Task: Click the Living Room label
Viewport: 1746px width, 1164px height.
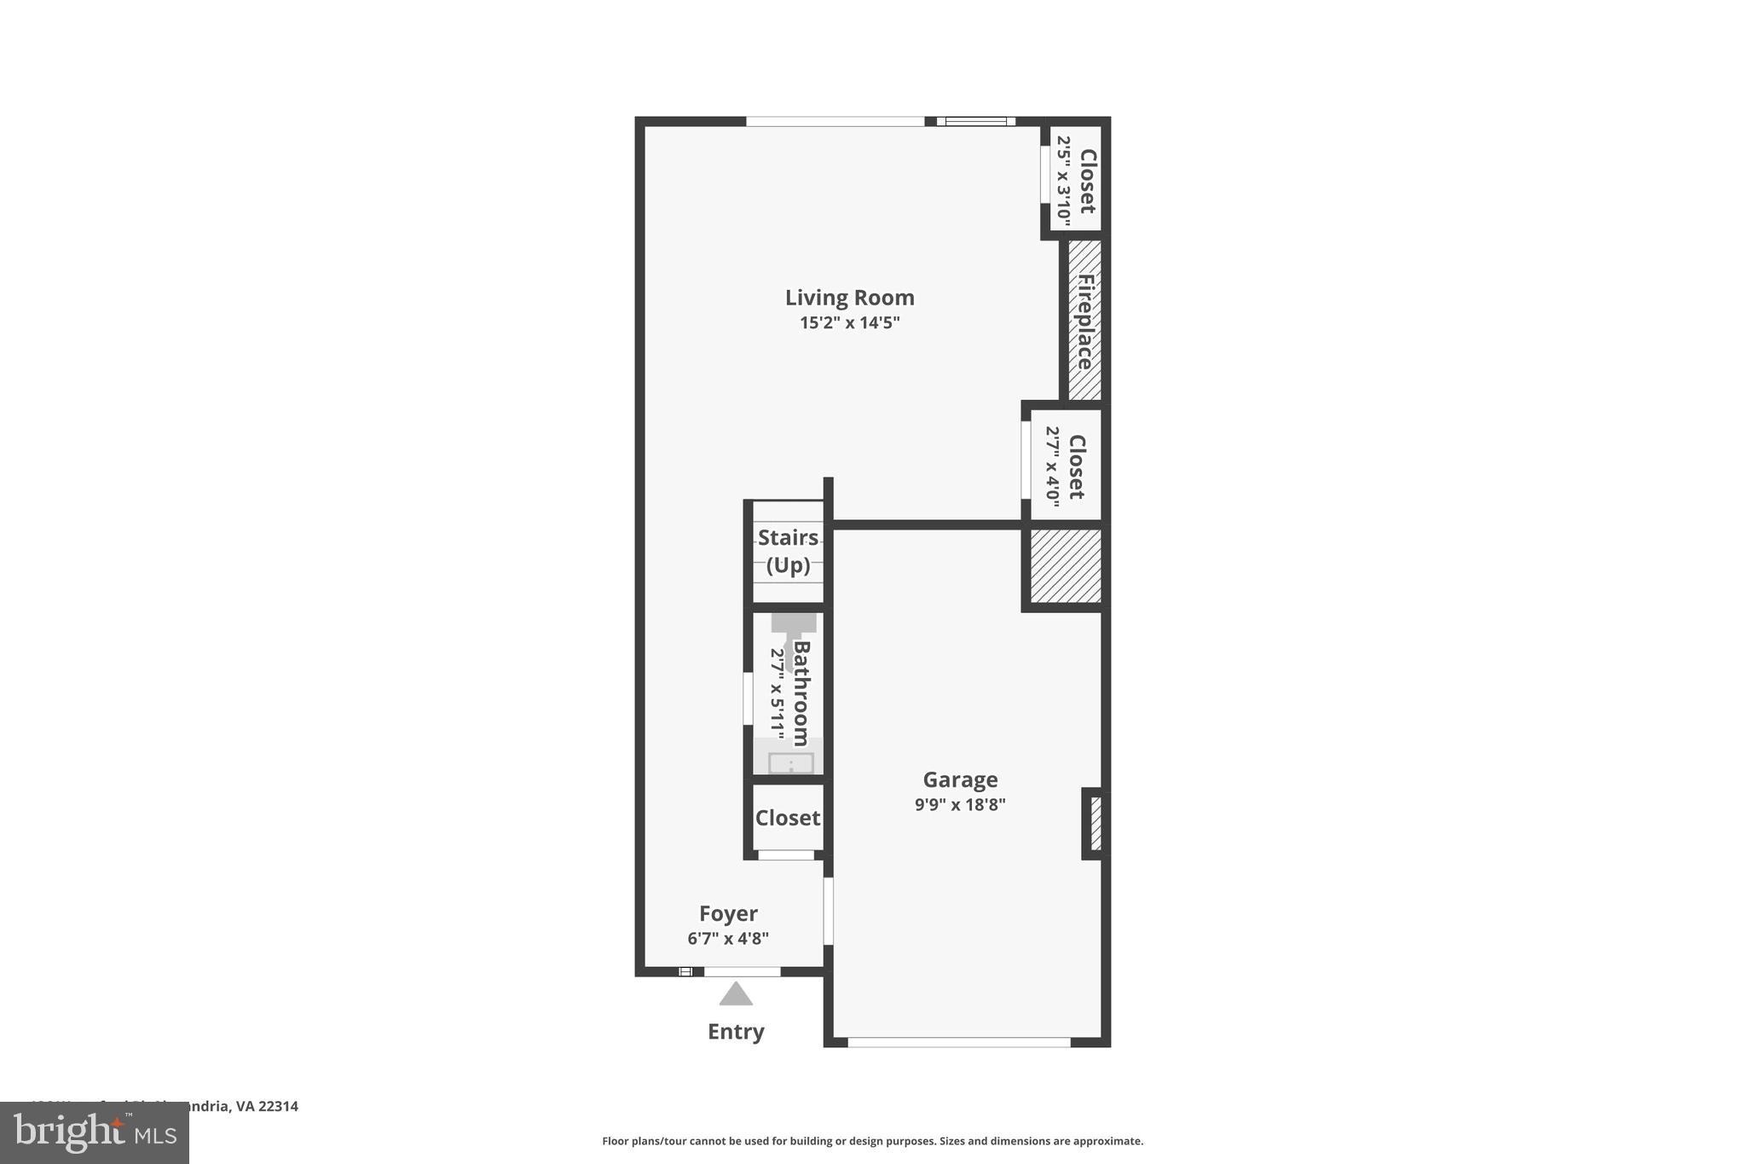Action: point(849,298)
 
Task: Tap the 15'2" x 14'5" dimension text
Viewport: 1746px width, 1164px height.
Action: point(849,323)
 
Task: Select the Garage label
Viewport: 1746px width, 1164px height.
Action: point(960,780)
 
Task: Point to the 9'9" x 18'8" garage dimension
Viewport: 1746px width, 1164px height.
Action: point(960,804)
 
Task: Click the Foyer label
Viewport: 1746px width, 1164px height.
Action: point(728,914)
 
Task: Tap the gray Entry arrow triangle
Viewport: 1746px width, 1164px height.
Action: point(736,995)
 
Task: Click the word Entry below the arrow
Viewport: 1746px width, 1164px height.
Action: point(736,1032)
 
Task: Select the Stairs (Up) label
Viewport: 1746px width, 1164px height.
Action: point(788,551)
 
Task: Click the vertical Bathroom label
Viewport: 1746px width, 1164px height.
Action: point(801,692)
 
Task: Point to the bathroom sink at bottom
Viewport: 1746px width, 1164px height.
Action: point(790,762)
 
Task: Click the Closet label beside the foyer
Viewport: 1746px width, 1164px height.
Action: point(788,818)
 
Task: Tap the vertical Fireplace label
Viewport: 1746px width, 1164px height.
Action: point(1085,321)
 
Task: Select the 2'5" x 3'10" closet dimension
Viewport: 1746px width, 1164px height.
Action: point(1063,180)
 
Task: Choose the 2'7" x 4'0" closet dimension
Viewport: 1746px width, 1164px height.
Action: point(1053,466)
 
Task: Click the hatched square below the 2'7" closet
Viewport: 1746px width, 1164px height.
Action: point(1066,566)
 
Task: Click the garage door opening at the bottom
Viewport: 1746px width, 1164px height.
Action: point(958,1042)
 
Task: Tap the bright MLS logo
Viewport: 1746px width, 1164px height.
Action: point(95,1132)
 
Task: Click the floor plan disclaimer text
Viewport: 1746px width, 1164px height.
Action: point(872,1141)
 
